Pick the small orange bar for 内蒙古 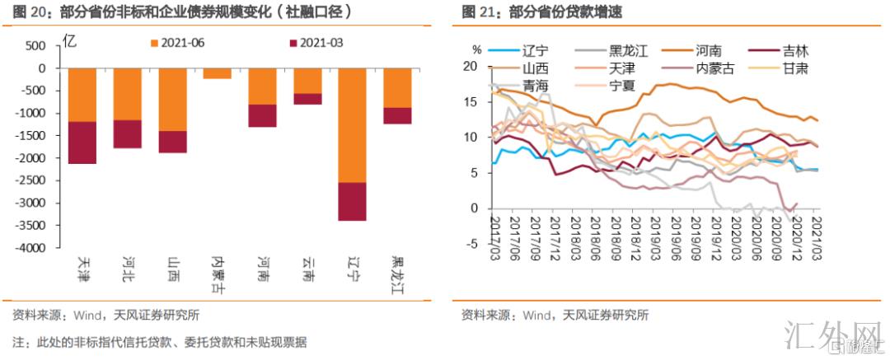pos(217,73)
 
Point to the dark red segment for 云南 pos(307,99)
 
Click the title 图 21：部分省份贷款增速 pos(527,12)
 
